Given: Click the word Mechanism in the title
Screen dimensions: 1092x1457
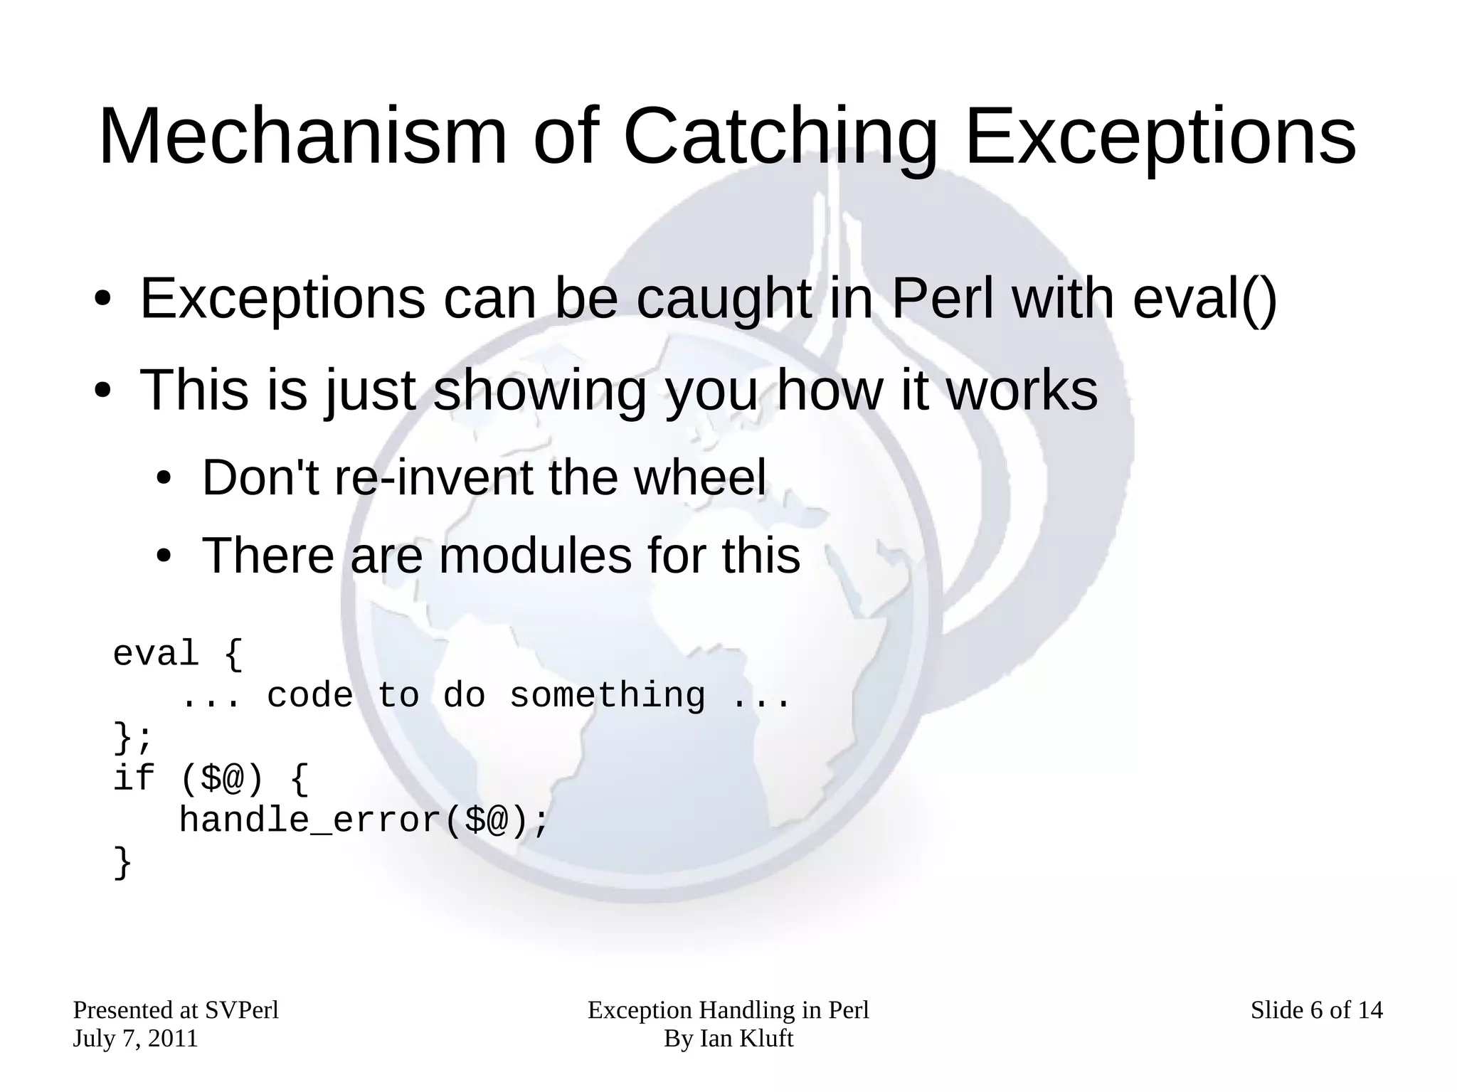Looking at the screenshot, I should point(302,137).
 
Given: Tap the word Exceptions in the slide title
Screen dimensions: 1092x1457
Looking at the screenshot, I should point(1160,137).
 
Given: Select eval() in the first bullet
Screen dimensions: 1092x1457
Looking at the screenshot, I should point(1204,299).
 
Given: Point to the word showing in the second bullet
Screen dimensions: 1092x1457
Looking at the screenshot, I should point(539,391).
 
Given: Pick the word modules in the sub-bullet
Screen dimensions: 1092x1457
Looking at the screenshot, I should point(535,556).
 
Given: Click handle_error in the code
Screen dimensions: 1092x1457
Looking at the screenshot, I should point(311,820).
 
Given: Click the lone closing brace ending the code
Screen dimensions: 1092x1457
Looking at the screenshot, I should point(122,863).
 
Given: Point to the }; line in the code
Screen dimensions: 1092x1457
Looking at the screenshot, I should point(132,738).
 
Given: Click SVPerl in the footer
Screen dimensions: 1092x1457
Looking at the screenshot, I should point(241,1010).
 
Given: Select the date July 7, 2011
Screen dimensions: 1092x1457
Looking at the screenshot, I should point(135,1039).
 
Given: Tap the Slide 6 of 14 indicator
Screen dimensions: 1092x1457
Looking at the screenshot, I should point(1316,1010).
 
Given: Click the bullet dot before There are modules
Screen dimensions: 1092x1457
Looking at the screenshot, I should point(164,557).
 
